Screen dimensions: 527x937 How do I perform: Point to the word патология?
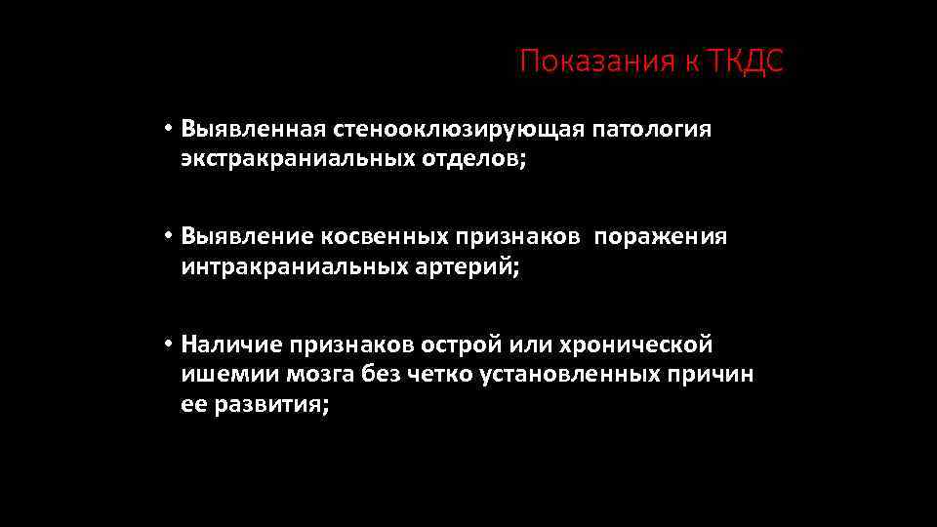(650, 129)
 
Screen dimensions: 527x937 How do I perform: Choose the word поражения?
(661, 237)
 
